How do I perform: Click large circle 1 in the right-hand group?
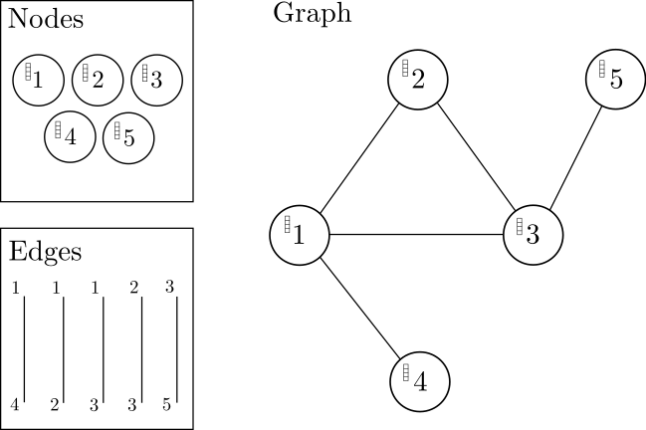coord(300,235)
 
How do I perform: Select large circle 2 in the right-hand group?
coord(418,80)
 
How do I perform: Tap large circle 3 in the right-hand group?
coord(534,235)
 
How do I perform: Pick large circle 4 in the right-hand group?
coord(419,381)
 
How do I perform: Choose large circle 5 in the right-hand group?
coord(616,80)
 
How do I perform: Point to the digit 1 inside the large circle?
coord(298,236)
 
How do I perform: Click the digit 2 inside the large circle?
coord(418,80)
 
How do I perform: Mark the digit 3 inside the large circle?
coord(533,236)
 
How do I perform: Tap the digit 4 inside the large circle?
coord(420,382)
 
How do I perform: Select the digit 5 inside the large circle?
coord(616,80)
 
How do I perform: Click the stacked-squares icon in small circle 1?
coord(29,72)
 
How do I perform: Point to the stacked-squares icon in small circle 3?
coord(145,72)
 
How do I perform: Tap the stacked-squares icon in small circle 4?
coord(59,129)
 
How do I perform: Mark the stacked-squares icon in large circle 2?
coord(405,68)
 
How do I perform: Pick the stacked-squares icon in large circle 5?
coord(602,68)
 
